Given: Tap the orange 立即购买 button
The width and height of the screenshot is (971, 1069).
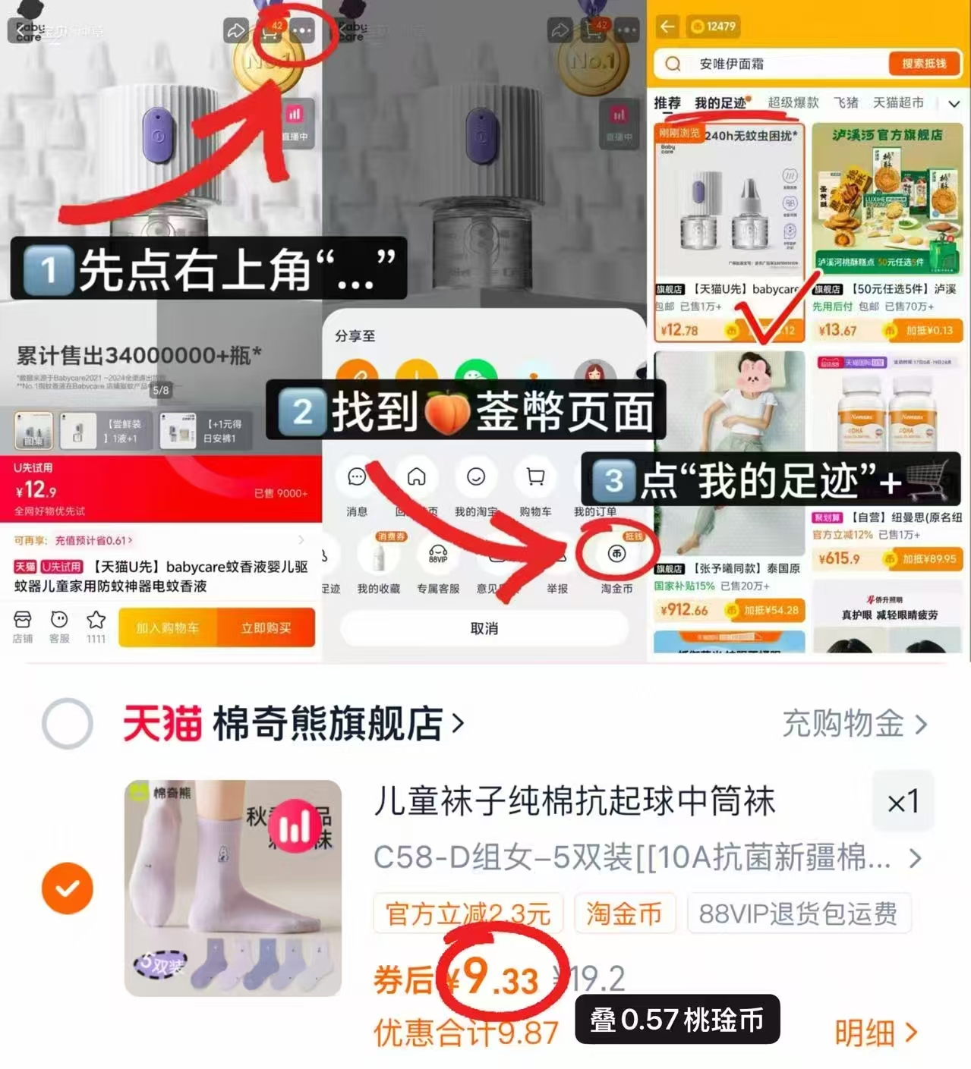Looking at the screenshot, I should point(266,628).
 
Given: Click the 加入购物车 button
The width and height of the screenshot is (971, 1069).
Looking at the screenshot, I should point(168,628).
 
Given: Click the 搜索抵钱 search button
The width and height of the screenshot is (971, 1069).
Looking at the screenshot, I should point(923,64).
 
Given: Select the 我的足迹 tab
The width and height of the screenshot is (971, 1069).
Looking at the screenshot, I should point(720,103).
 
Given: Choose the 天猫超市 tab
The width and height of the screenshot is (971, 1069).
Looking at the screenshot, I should point(898,102).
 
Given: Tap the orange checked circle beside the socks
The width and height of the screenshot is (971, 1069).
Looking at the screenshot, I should point(68,888).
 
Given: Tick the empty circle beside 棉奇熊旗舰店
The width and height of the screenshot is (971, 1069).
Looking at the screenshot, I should point(68,723).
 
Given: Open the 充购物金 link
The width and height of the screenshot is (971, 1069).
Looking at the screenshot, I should point(854,724).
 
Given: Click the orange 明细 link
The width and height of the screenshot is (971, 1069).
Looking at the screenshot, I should point(875,1033).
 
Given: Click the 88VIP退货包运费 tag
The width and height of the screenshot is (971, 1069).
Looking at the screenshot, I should point(798,913).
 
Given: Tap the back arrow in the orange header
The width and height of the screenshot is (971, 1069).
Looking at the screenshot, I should point(667,27).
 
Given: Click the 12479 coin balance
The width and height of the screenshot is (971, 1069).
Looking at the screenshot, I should point(714,27).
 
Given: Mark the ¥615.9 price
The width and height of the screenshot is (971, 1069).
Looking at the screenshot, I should point(839,559).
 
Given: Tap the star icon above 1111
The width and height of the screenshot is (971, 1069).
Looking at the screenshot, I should point(96,620).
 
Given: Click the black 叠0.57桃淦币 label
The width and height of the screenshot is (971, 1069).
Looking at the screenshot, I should point(676,1020).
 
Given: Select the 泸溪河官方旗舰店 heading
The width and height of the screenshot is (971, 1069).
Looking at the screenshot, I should point(887,135).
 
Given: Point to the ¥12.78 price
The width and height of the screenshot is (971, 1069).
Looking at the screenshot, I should point(679,330).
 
